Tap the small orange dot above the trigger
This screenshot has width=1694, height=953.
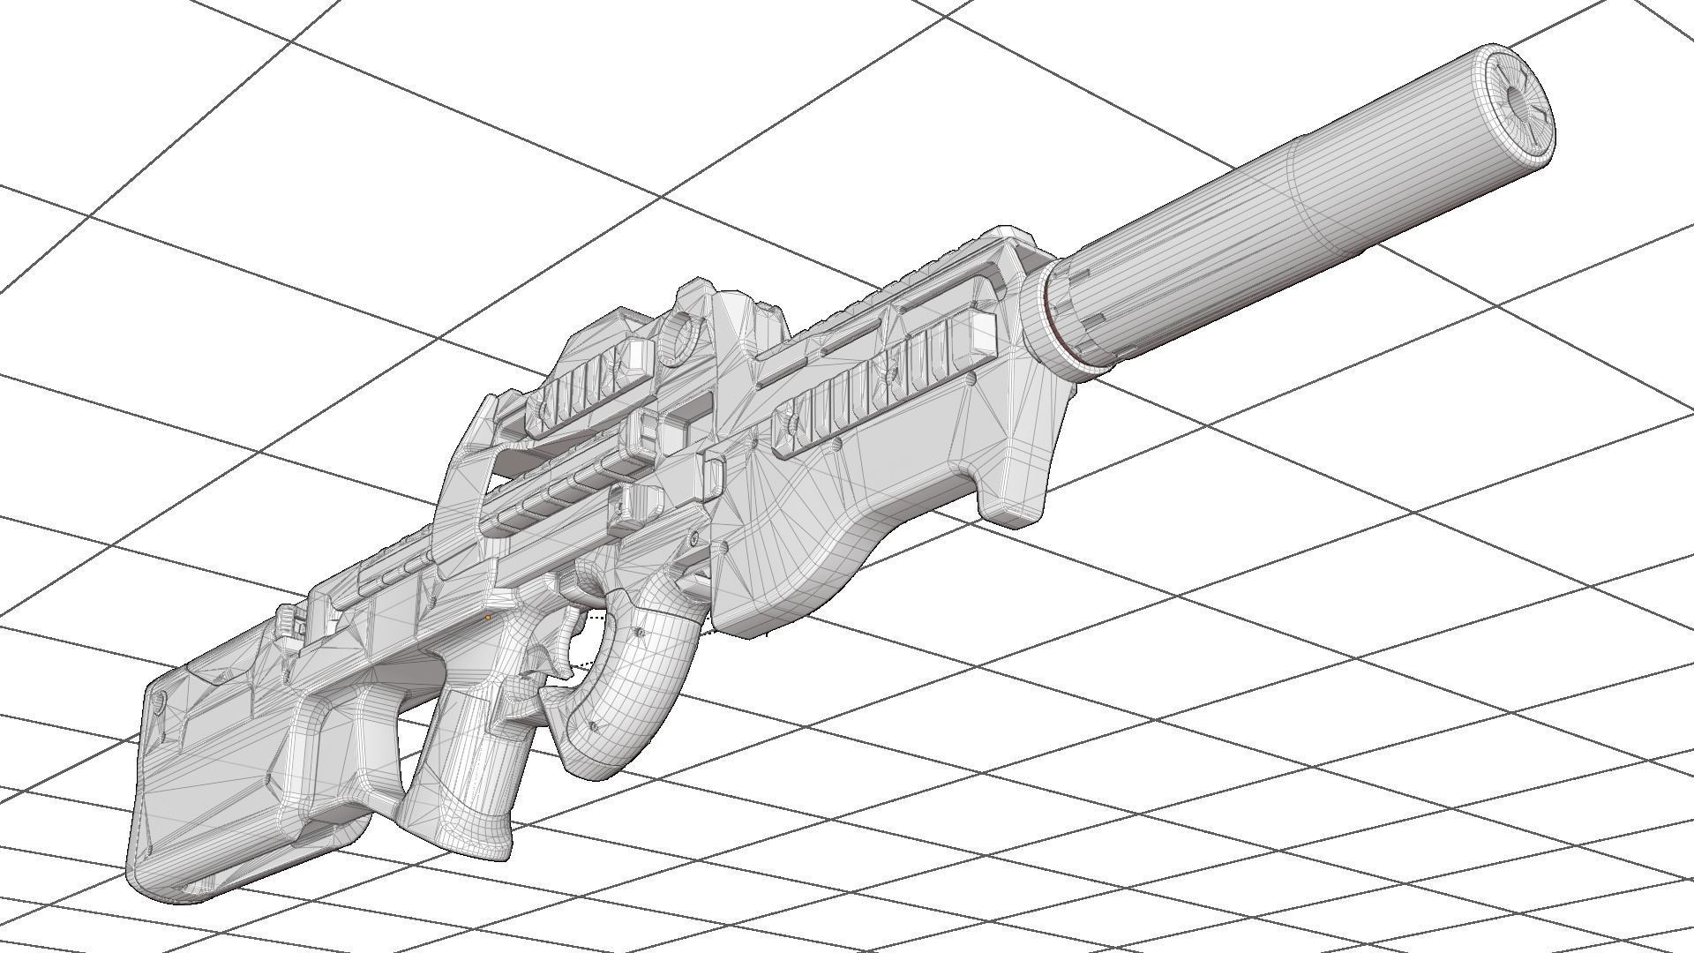[488, 618]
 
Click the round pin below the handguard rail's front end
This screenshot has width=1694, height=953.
[971, 381]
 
